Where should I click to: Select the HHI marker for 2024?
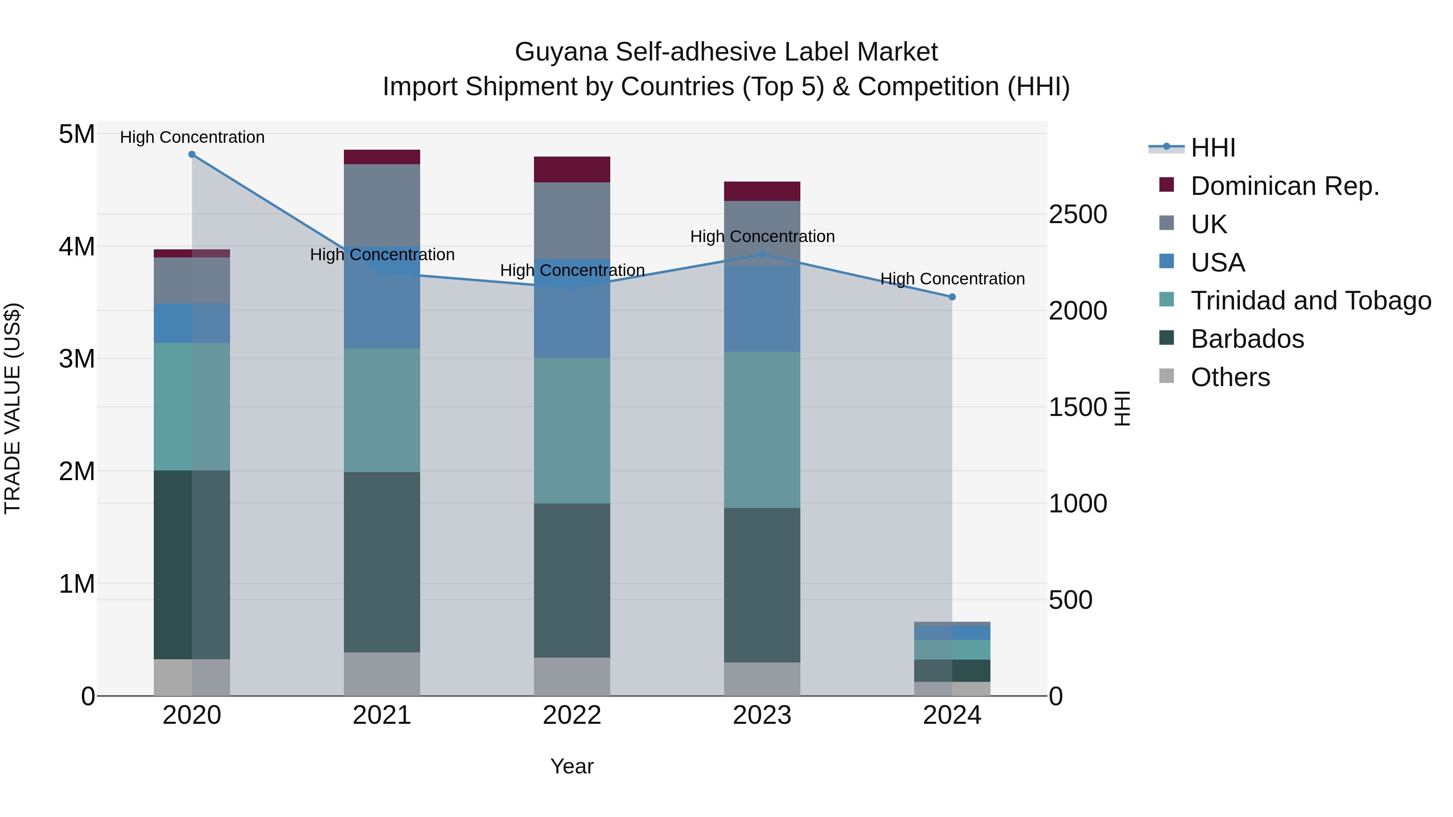tap(952, 297)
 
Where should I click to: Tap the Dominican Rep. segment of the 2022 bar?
tap(572, 169)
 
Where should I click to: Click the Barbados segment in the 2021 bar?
tap(382, 562)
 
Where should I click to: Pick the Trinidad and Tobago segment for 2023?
tap(762, 430)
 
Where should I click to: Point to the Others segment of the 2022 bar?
tap(572, 676)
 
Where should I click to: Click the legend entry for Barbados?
tap(1247, 339)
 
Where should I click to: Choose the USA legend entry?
tap(1217, 263)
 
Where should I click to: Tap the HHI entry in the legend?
tap(1213, 148)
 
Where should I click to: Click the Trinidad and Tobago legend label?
tap(1310, 301)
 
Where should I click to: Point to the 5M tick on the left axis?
tap(77, 134)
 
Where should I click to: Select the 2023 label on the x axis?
tap(762, 715)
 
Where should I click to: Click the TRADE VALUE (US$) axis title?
tap(13, 408)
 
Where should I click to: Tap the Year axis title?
tap(572, 766)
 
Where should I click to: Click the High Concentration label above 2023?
tap(762, 236)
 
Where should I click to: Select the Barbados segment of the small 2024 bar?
tap(952, 671)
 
